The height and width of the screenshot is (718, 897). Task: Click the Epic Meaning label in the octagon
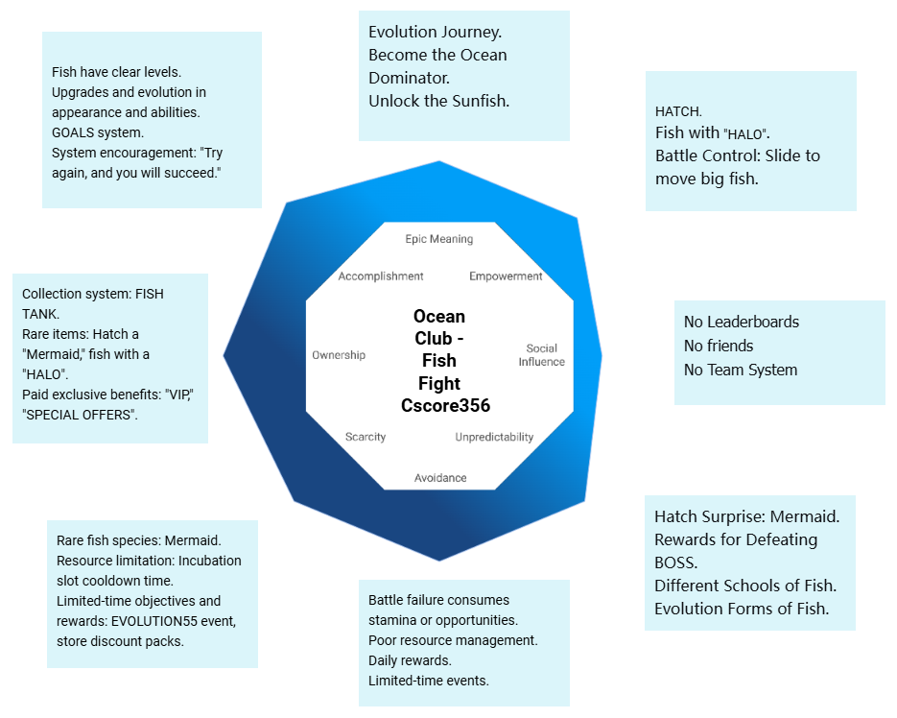coord(438,239)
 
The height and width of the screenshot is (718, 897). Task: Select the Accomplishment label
coord(381,276)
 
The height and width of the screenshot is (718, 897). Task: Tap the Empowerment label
coord(506,276)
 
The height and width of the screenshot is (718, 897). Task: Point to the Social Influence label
coord(542,355)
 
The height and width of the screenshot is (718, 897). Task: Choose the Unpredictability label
coord(494,438)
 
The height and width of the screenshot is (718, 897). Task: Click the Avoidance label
coord(440,478)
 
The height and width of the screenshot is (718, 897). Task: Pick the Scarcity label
coord(366,438)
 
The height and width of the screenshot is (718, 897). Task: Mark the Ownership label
coord(339,355)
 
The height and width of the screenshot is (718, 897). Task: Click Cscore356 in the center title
coord(445,406)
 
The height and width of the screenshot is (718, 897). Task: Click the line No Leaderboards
coord(741,323)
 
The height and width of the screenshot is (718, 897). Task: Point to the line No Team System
coord(740,370)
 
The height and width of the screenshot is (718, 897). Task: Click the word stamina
coord(393,620)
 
